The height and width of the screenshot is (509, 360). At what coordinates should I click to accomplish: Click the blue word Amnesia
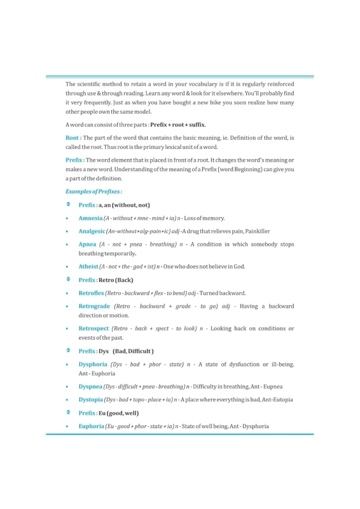coord(90,218)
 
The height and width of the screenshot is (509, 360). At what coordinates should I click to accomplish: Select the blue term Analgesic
coord(92,231)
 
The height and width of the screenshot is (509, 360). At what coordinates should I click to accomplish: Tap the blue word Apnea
coord(87,244)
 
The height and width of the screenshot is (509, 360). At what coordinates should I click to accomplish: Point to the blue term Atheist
coord(88,267)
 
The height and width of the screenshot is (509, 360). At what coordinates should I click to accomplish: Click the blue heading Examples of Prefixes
coord(93,191)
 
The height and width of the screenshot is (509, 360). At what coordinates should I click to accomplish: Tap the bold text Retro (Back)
coord(116,280)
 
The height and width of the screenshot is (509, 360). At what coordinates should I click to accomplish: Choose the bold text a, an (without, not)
coord(124,205)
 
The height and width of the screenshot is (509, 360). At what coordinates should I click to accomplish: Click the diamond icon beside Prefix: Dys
coord(68,351)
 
